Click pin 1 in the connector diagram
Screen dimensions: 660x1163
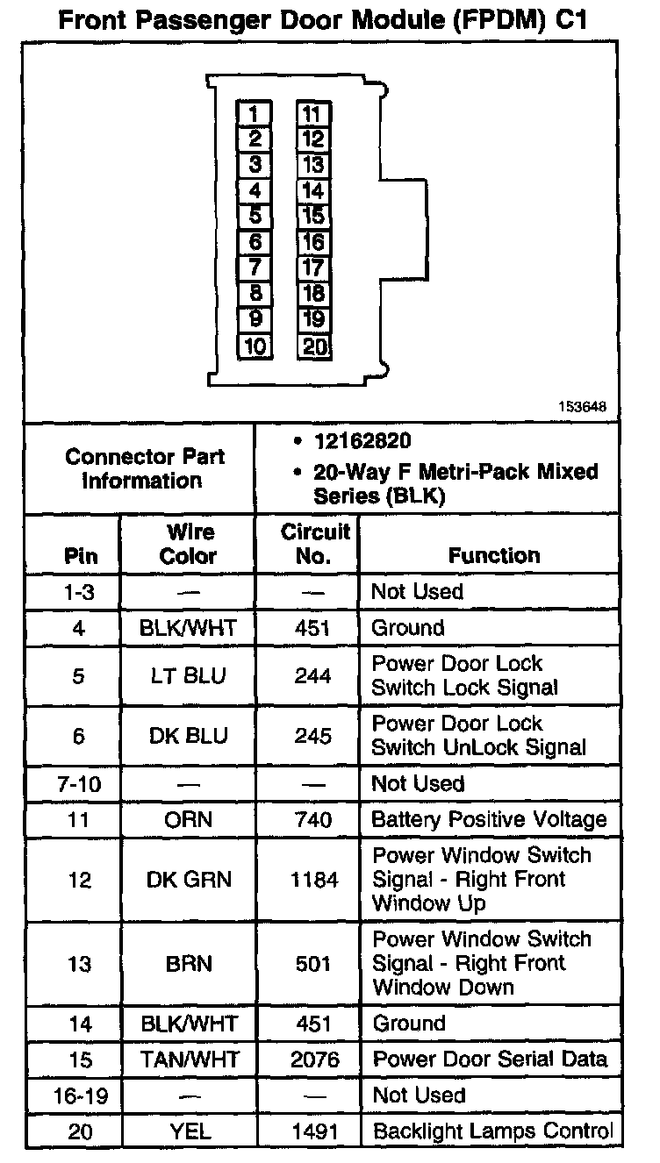(255, 113)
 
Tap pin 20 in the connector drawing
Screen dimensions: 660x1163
(314, 346)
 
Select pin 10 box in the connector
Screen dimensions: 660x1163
(255, 346)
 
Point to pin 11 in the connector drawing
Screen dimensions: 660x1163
(313, 113)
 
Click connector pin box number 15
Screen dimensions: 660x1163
(313, 216)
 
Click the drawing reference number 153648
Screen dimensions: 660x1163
(581, 408)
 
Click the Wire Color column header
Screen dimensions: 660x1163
(190, 544)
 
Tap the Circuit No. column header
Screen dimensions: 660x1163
(314, 544)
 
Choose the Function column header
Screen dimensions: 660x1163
(494, 555)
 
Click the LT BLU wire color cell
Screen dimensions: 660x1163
(190, 675)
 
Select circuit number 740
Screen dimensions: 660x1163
(313, 819)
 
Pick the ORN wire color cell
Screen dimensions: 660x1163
(190, 819)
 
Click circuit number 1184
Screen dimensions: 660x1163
(313, 879)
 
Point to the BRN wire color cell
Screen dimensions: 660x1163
(190, 963)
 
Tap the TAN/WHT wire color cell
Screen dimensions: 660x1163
(190, 1059)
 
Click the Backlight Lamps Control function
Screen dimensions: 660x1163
(492, 1131)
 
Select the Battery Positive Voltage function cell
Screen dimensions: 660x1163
(489, 819)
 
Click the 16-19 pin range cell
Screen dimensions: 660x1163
(80, 1095)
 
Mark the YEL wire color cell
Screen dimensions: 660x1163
(190, 1131)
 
